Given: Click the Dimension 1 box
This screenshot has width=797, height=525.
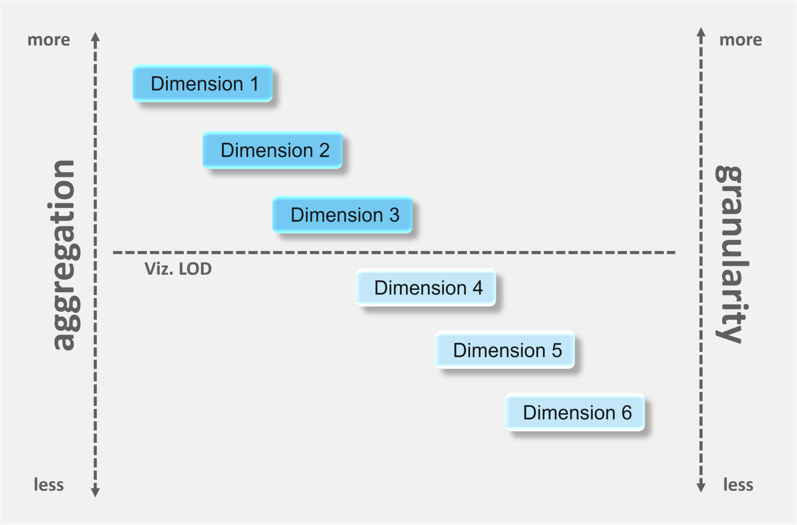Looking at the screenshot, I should click(202, 84).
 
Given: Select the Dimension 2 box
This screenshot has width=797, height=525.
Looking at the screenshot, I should click(272, 150).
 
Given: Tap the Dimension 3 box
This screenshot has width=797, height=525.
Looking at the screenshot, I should click(342, 215).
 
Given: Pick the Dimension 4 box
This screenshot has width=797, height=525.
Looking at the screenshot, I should click(426, 288).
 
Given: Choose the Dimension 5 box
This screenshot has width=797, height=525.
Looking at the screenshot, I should click(505, 350).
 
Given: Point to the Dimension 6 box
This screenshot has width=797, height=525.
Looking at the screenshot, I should click(575, 413).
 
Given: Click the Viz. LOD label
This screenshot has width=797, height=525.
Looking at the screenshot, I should click(178, 269).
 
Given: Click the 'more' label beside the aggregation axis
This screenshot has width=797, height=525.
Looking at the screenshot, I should click(49, 40).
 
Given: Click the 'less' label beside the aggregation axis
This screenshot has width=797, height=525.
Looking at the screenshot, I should click(49, 485).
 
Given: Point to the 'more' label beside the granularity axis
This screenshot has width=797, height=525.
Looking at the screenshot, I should click(741, 40).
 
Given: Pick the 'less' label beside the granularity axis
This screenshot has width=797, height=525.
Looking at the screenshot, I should click(738, 485).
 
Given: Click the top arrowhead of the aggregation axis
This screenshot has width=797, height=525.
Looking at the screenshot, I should click(95, 37).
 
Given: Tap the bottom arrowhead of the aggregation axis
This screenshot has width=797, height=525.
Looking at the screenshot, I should click(95, 492).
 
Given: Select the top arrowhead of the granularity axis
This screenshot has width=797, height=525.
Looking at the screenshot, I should click(701, 32).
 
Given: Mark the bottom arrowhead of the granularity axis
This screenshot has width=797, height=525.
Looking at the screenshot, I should click(701, 487).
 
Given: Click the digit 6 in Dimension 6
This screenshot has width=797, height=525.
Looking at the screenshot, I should click(627, 413).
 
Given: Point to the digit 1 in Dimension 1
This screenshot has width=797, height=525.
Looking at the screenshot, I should click(255, 84).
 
